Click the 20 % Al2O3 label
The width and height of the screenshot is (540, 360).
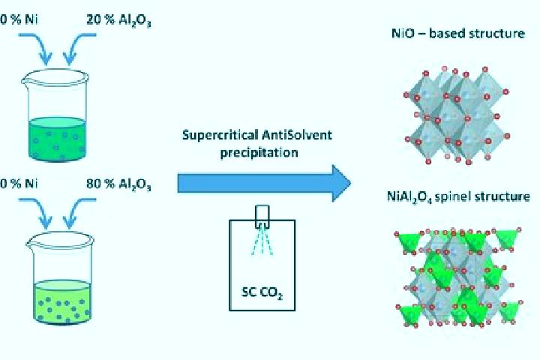[118, 20]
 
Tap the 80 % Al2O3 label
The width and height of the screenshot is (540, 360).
[118, 184]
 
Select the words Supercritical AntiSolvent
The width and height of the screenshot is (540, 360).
[257, 135]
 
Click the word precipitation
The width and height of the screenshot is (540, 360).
[259, 152]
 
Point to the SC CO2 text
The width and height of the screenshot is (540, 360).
[262, 292]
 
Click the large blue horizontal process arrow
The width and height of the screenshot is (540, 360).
[264, 183]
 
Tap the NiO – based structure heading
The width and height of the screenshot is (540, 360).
[458, 34]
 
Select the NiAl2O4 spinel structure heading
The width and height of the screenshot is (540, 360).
[458, 196]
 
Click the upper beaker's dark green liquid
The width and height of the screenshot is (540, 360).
[56, 139]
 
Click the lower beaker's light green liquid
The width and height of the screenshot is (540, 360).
[62, 302]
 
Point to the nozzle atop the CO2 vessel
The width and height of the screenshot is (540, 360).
[262, 217]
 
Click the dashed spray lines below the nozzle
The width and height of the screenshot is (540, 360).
[262, 241]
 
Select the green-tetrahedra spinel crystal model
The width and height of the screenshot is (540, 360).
[458, 277]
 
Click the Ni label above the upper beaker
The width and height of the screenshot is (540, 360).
[31, 19]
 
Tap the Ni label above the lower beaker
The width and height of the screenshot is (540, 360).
[31, 184]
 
